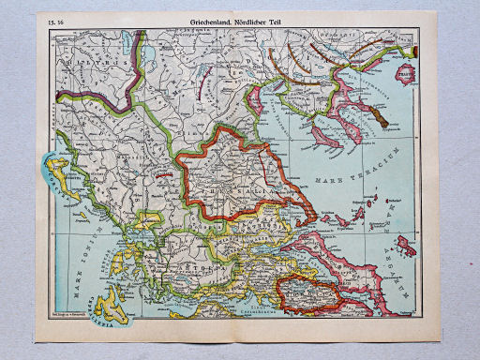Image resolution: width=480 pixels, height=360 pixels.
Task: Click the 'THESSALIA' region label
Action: pyautogui.click(x=234, y=187)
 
